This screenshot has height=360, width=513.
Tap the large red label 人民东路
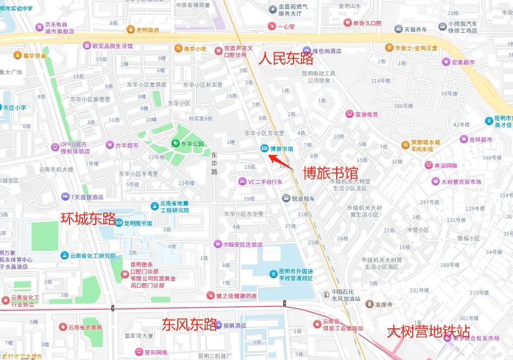pyautogui.click(x=287, y=59)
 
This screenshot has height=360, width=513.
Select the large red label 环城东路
pyautogui.click(x=88, y=218)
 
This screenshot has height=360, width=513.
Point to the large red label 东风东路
pyautogui.click(x=189, y=324)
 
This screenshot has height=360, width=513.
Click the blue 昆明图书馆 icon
pyautogui.click(x=119, y=223)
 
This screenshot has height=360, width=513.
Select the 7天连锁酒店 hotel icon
pyautogui.click(x=65, y=197)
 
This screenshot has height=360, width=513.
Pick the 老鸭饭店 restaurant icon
pyautogui.click(x=131, y=29)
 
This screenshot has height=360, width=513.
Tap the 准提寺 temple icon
pyautogui.click(x=369, y=304)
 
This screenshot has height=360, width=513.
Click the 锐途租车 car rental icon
pyautogui.click(x=286, y=198)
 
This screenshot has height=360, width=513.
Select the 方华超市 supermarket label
pyautogui.click(x=127, y=145)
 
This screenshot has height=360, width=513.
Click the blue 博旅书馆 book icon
pyautogui.click(x=264, y=148)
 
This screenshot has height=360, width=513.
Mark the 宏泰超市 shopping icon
pyautogui.click(x=445, y=62)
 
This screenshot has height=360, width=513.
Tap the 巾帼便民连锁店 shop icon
pyautogui.click(x=218, y=244)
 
